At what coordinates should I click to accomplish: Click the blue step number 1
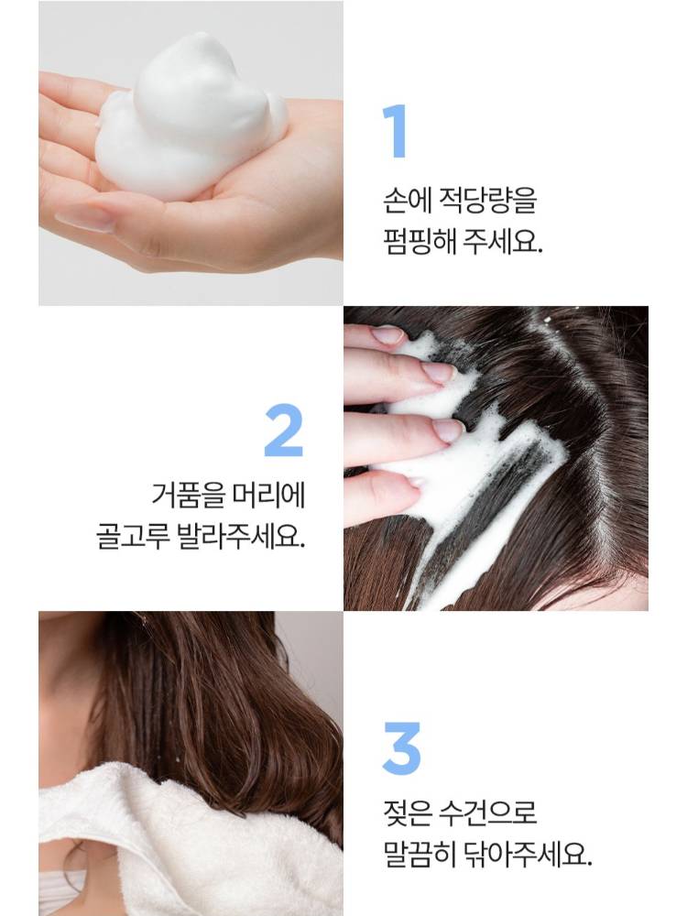pyautogui.click(x=396, y=131)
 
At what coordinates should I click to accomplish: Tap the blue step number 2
pyautogui.click(x=284, y=431)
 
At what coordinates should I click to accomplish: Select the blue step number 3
pyautogui.click(x=401, y=748)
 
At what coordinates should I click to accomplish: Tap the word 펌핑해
pyautogui.click(x=419, y=241)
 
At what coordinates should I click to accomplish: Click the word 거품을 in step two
pyautogui.click(x=188, y=495)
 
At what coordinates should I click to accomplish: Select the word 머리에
pyautogui.click(x=268, y=495)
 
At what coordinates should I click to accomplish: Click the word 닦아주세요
pyautogui.click(x=528, y=854)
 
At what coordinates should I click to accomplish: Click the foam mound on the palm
pyautogui.click(x=187, y=117)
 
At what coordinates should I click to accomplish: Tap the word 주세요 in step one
pyautogui.click(x=502, y=241)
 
